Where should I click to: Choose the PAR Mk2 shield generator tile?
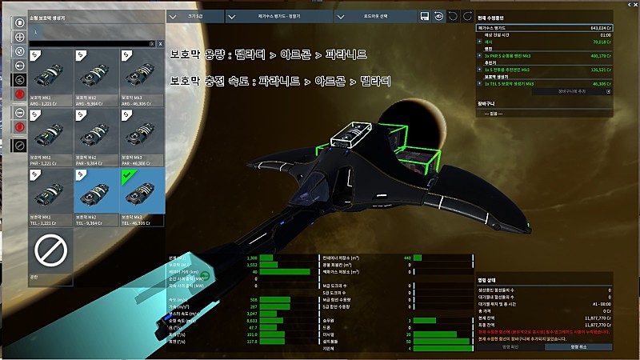[97, 137]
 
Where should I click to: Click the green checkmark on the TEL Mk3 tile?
[128, 174]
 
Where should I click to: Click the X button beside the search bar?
[161, 43]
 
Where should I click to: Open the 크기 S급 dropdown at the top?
[195, 16]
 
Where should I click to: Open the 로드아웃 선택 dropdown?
[374, 16]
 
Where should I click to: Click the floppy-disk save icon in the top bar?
[424, 16]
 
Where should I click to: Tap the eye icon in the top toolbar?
[438, 16]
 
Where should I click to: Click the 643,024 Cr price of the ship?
[595, 27]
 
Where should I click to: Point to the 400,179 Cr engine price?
[594, 55]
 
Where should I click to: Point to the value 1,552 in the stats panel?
[251, 264]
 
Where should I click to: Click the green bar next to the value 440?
[424, 258]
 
